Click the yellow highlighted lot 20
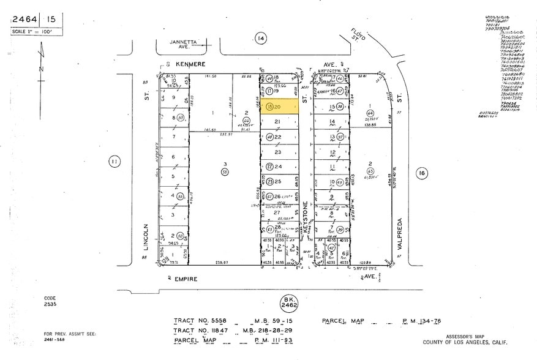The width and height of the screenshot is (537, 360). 279,107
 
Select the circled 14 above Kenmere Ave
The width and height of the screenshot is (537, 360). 261,39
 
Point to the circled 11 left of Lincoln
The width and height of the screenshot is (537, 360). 114,162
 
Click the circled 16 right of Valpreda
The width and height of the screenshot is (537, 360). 421,174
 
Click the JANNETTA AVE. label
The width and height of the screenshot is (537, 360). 173,44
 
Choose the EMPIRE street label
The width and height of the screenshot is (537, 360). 187,279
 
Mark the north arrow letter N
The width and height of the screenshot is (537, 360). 40,69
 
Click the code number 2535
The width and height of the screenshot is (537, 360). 50,303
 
